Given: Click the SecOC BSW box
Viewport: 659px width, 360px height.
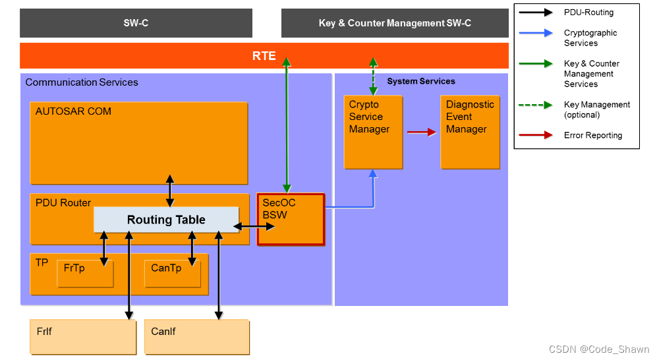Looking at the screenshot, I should [291, 219].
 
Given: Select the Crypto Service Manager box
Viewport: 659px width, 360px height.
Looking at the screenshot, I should [373, 132].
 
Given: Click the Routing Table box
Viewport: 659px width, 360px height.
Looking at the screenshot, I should [166, 220].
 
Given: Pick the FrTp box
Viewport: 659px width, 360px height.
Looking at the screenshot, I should [85, 274].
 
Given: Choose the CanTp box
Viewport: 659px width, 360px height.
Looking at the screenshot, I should [172, 274].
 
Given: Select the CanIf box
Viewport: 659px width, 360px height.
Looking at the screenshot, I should [196, 337].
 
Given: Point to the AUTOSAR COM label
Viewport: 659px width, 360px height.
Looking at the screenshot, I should [73, 111].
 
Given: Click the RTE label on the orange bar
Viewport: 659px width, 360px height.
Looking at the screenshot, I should [264, 56].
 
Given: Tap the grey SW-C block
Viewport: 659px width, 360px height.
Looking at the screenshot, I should [136, 23].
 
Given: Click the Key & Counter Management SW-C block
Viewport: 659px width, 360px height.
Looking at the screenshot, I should [395, 23].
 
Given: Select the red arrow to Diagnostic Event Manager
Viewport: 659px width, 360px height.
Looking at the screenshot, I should [422, 132].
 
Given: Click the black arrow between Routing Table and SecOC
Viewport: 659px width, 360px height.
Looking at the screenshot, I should [248, 226].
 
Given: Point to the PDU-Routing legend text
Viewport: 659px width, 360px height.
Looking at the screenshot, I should [588, 13].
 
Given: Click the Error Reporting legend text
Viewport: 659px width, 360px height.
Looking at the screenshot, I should [592, 135].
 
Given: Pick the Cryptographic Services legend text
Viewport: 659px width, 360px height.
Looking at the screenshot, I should [590, 38].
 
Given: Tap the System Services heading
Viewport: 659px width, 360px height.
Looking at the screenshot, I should [421, 81].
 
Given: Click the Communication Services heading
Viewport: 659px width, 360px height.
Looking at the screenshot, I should [82, 82].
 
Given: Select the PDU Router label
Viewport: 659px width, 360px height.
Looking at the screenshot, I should [63, 202].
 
